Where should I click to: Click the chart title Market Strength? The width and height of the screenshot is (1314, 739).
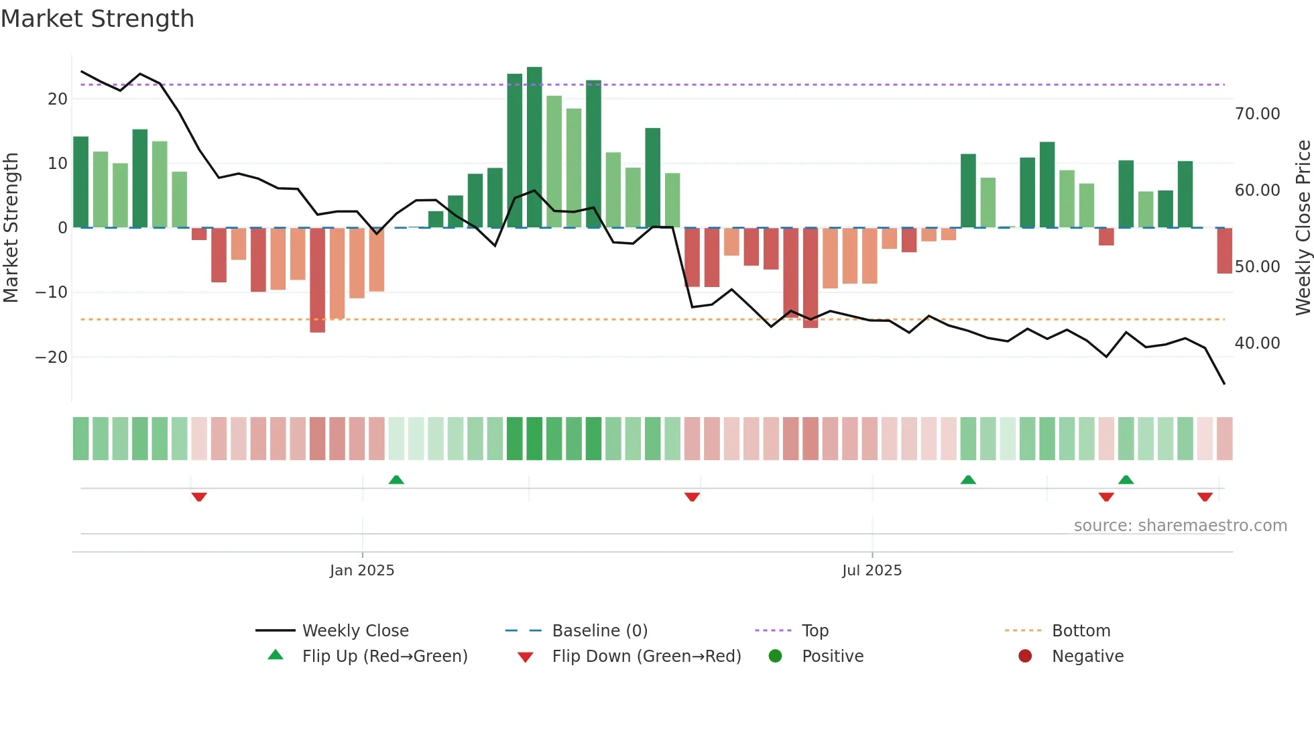(x=97, y=19)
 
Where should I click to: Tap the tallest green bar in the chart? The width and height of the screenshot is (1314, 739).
(x=534, y=148)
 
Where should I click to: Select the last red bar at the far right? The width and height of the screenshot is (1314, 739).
(x=1224, y=251)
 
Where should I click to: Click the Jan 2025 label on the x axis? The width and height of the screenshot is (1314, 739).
(x=362, y=571)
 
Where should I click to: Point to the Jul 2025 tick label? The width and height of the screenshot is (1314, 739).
(x=872, y=571)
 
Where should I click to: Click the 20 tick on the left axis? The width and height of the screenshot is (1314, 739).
(x=58, y=99)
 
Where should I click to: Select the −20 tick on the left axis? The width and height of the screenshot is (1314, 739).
(x=52, y=357)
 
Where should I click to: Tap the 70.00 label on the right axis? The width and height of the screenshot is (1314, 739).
(x=1257, y=114)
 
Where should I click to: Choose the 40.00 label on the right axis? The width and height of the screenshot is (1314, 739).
(x=1257, y=343)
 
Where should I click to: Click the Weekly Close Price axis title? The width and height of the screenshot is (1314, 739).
(x=1303, y=228)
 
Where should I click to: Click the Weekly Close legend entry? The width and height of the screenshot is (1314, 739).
(x=355, y=631)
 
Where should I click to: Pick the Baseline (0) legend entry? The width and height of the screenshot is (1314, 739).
(x=599, y=631)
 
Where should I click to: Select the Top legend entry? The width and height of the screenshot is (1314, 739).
(x=815, y=631)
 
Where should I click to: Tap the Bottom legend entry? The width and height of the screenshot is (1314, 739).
(x=1081, y=631)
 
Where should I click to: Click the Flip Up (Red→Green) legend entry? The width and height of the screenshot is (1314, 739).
(x=384, y=657)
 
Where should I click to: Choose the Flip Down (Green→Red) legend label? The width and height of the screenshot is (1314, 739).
(x=646, y=657)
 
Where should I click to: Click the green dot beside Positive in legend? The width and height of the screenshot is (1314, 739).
(x=776, y=657)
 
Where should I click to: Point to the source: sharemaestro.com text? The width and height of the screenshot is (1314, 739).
(x=1180, y=526)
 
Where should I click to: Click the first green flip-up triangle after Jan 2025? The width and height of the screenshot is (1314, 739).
(x=396, y=480)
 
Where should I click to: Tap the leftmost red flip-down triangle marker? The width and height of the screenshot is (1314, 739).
(x=199, y=496)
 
